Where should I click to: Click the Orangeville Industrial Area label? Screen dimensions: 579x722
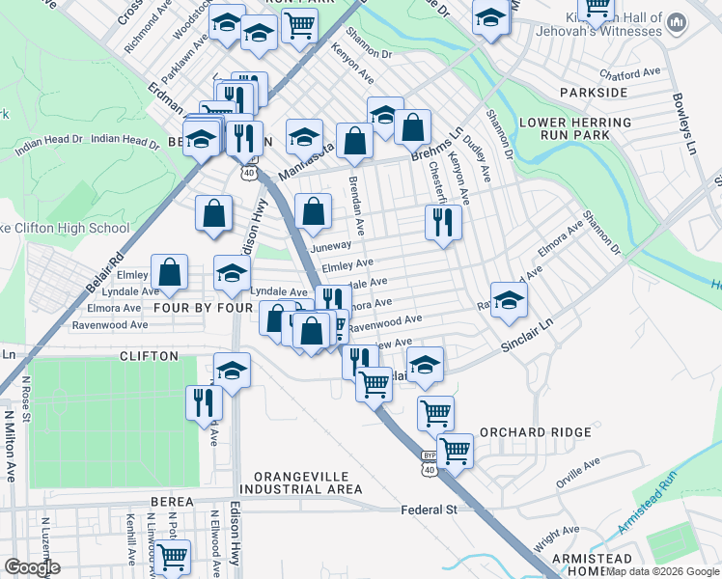click(308, 483)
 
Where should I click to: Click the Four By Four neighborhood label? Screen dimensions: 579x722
click(202, 308)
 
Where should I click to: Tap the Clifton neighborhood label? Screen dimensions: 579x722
click(149, 356)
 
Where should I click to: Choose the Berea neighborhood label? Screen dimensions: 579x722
click(172, 502)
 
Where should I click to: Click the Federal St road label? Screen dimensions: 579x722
click(430, 509)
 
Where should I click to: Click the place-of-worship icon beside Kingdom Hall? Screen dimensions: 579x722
click(676, 21)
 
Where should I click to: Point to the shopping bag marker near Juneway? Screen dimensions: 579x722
click(313, 212)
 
